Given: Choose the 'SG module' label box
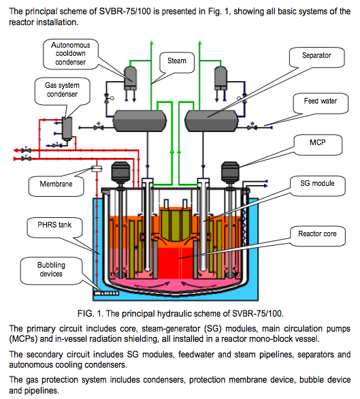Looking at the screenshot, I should click(319, 183).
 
